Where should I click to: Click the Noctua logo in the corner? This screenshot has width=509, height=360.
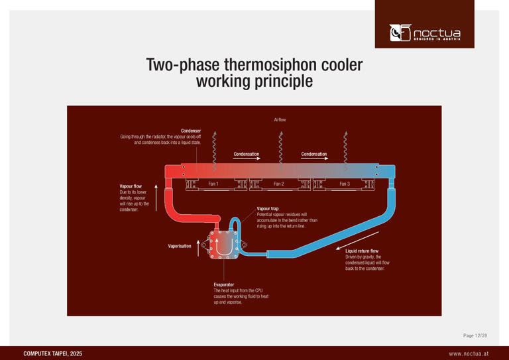pos(424,31)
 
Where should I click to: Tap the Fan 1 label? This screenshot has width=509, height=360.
pos(213,184)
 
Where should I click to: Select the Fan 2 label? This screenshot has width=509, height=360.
pos(278,184)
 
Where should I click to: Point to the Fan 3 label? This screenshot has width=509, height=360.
pos(344,184)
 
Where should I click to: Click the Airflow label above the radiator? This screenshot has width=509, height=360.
pos(280,119)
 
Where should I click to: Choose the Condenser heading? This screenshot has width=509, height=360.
pos(191,131)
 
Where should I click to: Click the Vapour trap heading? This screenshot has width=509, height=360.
pos(268,209)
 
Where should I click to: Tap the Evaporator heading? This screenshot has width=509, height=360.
pos(225,284)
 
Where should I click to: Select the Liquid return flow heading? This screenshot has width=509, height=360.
pos(362,251)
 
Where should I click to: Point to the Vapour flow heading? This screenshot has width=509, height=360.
pos(131,186)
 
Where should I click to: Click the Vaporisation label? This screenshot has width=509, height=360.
pos(180,246)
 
